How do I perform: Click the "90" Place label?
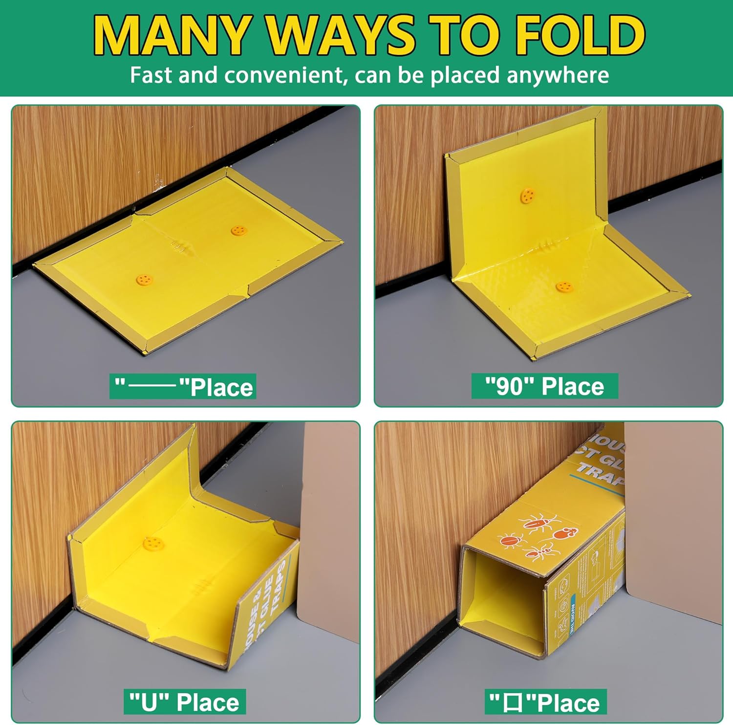click(x=544, y=386)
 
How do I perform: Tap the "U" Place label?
click(x=184, y=702)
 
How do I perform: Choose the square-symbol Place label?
click(x=545, y=703)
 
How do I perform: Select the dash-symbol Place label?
click(x=183, y=387)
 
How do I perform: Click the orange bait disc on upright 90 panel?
click(x=527, y=196)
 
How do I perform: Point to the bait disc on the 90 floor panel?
click(x=564, y=286)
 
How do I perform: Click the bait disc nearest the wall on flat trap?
click(x=238, y=230)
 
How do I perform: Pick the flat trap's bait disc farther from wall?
click(x=144, y=280)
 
